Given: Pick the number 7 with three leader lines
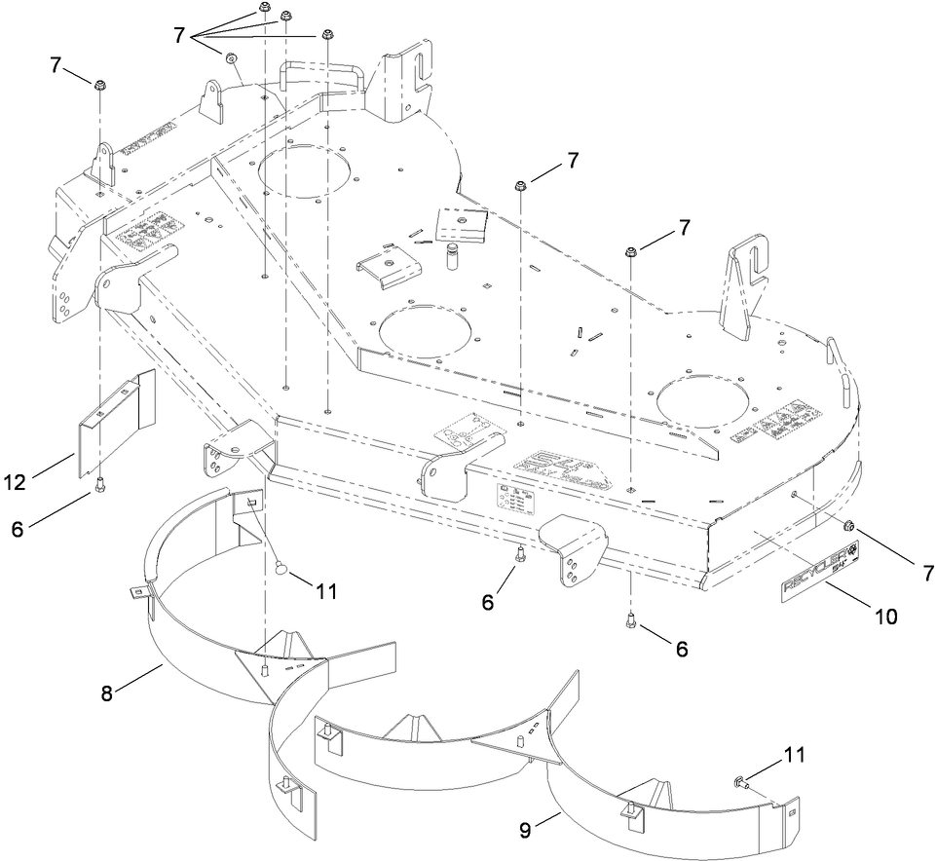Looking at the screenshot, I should pos(178,35).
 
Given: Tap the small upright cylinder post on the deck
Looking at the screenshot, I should pos(451,258).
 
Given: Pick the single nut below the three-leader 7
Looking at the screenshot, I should pos(232,58).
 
